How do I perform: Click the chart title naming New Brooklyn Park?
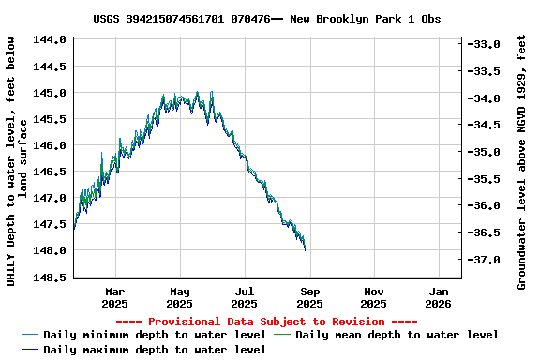point(267,18)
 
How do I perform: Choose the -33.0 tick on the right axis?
point(487,44)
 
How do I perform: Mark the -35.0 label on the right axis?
point(487,151)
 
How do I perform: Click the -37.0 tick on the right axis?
point(487,259)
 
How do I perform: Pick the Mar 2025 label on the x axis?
point(114,297)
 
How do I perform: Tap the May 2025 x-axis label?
point(179,297)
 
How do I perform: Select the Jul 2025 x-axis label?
point(244,297)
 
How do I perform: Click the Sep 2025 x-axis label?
point(309,297)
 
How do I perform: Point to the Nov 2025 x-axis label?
point(373,297)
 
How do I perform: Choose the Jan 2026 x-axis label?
point(438,297)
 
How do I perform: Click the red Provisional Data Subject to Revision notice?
point(267,321)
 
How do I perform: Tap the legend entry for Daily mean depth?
point(397,335)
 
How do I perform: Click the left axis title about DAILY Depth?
point(17,161)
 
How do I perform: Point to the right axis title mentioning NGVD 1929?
point(521,161)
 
